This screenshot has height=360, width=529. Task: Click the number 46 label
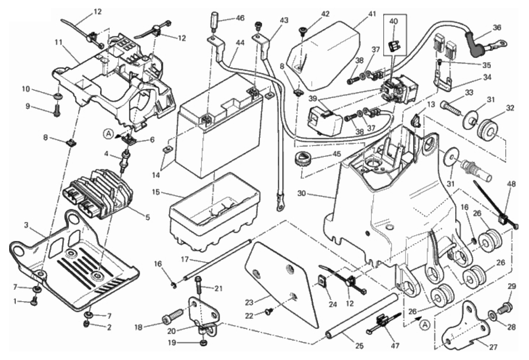(x=240, y=18)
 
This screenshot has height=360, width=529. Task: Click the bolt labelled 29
(x=508, y=306)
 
